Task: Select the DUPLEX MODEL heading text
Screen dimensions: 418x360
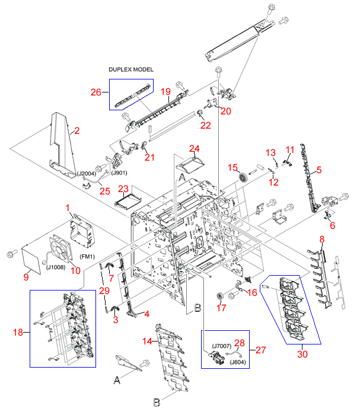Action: pos(131,69)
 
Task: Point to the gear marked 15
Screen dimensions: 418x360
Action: pos(243,177)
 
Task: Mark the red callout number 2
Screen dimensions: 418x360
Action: pos(77,130)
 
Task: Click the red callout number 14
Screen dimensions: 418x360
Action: pos(147,341)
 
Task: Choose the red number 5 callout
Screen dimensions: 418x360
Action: pos(318,170)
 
